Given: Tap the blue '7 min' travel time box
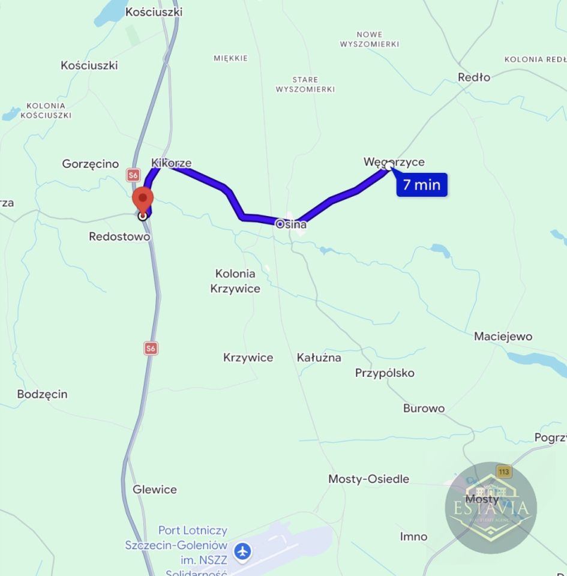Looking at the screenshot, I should [422, 185].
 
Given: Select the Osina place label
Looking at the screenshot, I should [291, 224].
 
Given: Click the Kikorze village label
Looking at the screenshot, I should [172, 163].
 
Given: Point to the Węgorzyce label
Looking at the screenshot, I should [394, 162].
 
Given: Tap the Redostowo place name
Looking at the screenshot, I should [119, 236].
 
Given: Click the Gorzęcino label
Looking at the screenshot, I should [91, 164].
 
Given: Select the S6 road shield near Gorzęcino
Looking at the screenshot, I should [133, 175].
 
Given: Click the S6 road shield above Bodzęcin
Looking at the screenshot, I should [151, 348].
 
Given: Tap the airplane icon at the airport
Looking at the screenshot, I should [242, 551].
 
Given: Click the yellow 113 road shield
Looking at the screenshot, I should [504, 472].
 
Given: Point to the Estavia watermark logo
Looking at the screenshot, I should [491, 508].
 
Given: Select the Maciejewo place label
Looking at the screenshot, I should [503, 336].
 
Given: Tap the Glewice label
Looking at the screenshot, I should [155, 490].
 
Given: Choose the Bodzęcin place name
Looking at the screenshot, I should [43, 394].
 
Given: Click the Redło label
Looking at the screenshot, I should [474, 77].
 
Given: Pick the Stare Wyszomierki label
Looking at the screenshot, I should [305, 84].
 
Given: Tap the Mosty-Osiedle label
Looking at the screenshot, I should [369, 479].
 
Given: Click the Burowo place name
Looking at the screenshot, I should [424, 409].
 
